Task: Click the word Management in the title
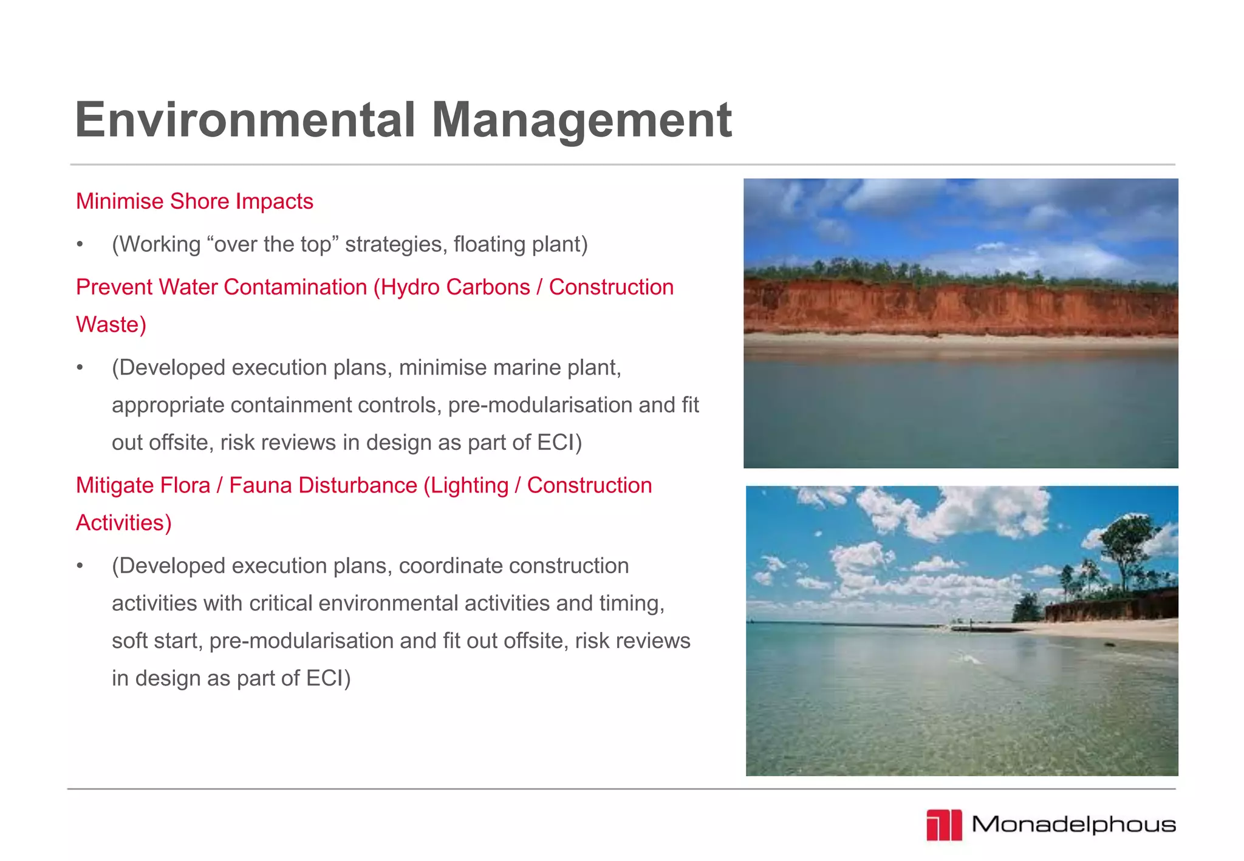coord(581,120)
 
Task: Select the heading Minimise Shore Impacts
coord(194,202)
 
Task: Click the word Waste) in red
coord(111,324)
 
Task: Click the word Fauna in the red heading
coord(262,486)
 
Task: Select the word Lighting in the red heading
coord(466,486)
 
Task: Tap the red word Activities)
coord(123,523)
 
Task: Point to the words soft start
coord(157,641)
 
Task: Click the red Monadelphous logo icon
coord(944,825)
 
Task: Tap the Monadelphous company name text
coord(1073,825)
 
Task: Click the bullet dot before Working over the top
coord(80,245)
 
